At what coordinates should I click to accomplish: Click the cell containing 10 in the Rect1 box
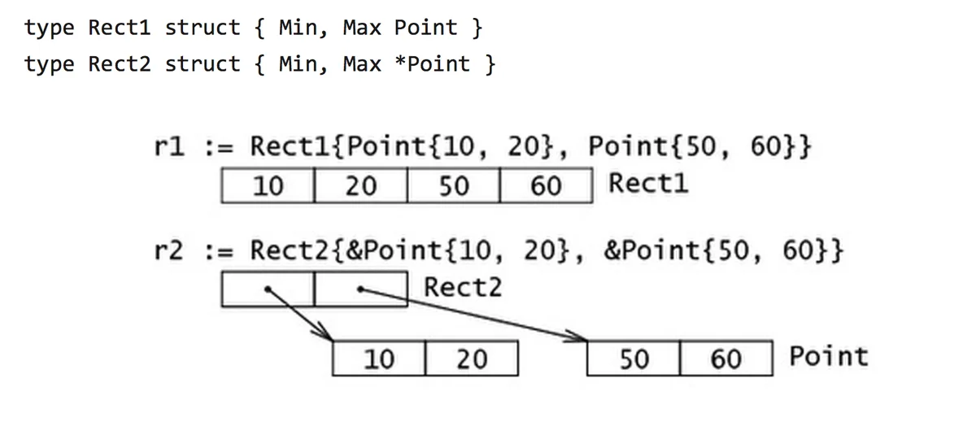click(268, 185)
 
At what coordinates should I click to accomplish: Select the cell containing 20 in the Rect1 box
click(361, 185)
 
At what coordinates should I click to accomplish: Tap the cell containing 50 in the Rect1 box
click(454, 185)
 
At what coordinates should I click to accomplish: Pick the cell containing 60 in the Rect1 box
click(547, 185)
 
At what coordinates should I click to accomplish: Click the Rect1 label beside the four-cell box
click(648, 183)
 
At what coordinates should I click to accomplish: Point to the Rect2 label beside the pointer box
click(463, 288)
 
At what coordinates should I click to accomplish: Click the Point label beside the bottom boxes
click(829, 356)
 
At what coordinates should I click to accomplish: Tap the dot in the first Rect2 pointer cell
click(268, 289)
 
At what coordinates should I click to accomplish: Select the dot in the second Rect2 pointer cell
click(360, 289)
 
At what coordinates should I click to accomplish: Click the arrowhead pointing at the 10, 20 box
click(325, 333)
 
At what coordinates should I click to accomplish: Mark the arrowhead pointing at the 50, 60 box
click(577, 337)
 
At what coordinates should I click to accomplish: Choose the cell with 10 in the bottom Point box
click(379, 358)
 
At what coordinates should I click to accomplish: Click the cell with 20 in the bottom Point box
click(472, 358)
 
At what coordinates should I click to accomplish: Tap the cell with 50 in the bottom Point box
click(634, 358)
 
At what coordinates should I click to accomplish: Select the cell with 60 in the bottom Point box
click(726, 358)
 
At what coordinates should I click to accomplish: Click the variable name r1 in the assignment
click(169, 146)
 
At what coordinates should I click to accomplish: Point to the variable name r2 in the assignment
click(169, 251)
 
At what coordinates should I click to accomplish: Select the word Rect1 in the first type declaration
click(120, 28)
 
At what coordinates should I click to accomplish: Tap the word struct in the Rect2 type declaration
click(203, 64)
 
